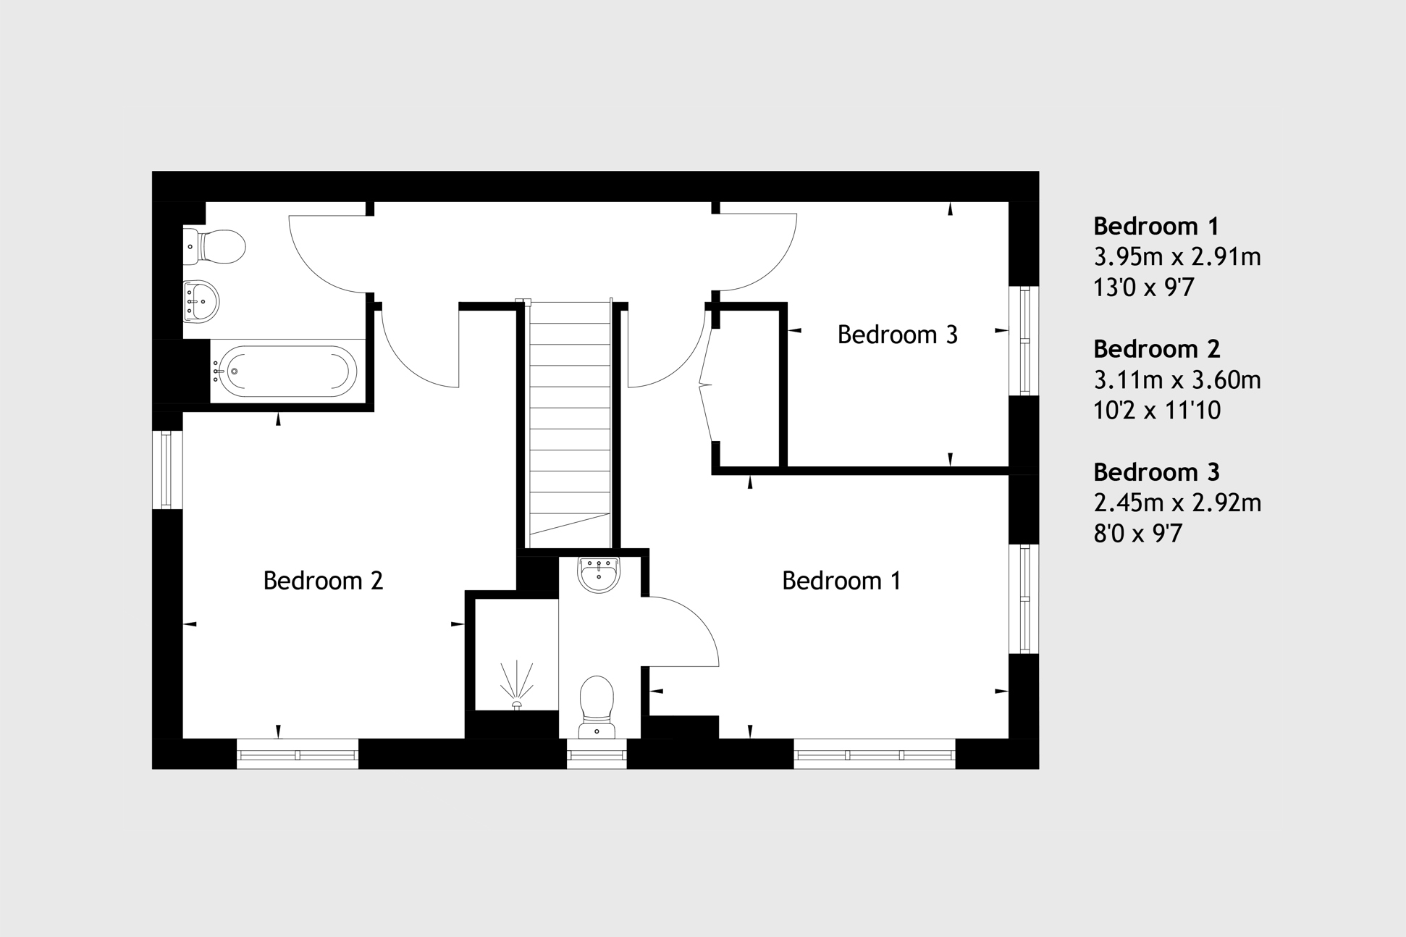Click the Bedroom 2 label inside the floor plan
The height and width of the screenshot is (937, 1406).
point(323,581)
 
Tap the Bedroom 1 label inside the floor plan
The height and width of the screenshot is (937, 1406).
point(841,581)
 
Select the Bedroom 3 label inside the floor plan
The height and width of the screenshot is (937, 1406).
point(897,335)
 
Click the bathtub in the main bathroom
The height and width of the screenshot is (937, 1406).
point(287,371)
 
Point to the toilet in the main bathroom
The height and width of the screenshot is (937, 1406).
point(214,247)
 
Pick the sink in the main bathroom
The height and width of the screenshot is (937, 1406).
point(201,301)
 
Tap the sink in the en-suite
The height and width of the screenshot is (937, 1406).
point(599,574)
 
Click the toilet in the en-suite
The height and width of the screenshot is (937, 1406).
point(597,707)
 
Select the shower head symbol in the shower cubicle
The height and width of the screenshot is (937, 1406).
point(517,685)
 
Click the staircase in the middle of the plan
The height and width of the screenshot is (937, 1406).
point(570,424)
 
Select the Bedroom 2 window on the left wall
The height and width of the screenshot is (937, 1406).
point(167,469)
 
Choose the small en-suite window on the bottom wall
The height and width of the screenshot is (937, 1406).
point(597,755)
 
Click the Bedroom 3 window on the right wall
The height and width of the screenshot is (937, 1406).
point(1024,341)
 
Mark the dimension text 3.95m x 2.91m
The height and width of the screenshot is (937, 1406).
point(1177,257)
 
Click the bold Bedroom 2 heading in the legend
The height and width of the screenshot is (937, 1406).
point(1157,349)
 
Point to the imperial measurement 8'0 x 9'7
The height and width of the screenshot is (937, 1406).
point(1137,534)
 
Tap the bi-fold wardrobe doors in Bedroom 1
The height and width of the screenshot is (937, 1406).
point(707,385)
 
